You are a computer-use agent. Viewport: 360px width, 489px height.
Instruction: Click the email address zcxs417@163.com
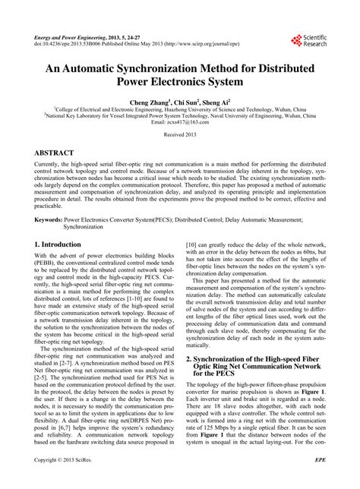pos(180,122)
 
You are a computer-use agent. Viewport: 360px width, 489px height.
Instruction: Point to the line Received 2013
pos(180,134)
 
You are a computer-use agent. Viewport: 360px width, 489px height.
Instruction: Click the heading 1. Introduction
pos(58,244)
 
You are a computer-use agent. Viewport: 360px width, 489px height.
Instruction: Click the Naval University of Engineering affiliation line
pos(180,115)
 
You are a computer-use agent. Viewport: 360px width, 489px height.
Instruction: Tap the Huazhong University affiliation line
pos(180,109)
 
